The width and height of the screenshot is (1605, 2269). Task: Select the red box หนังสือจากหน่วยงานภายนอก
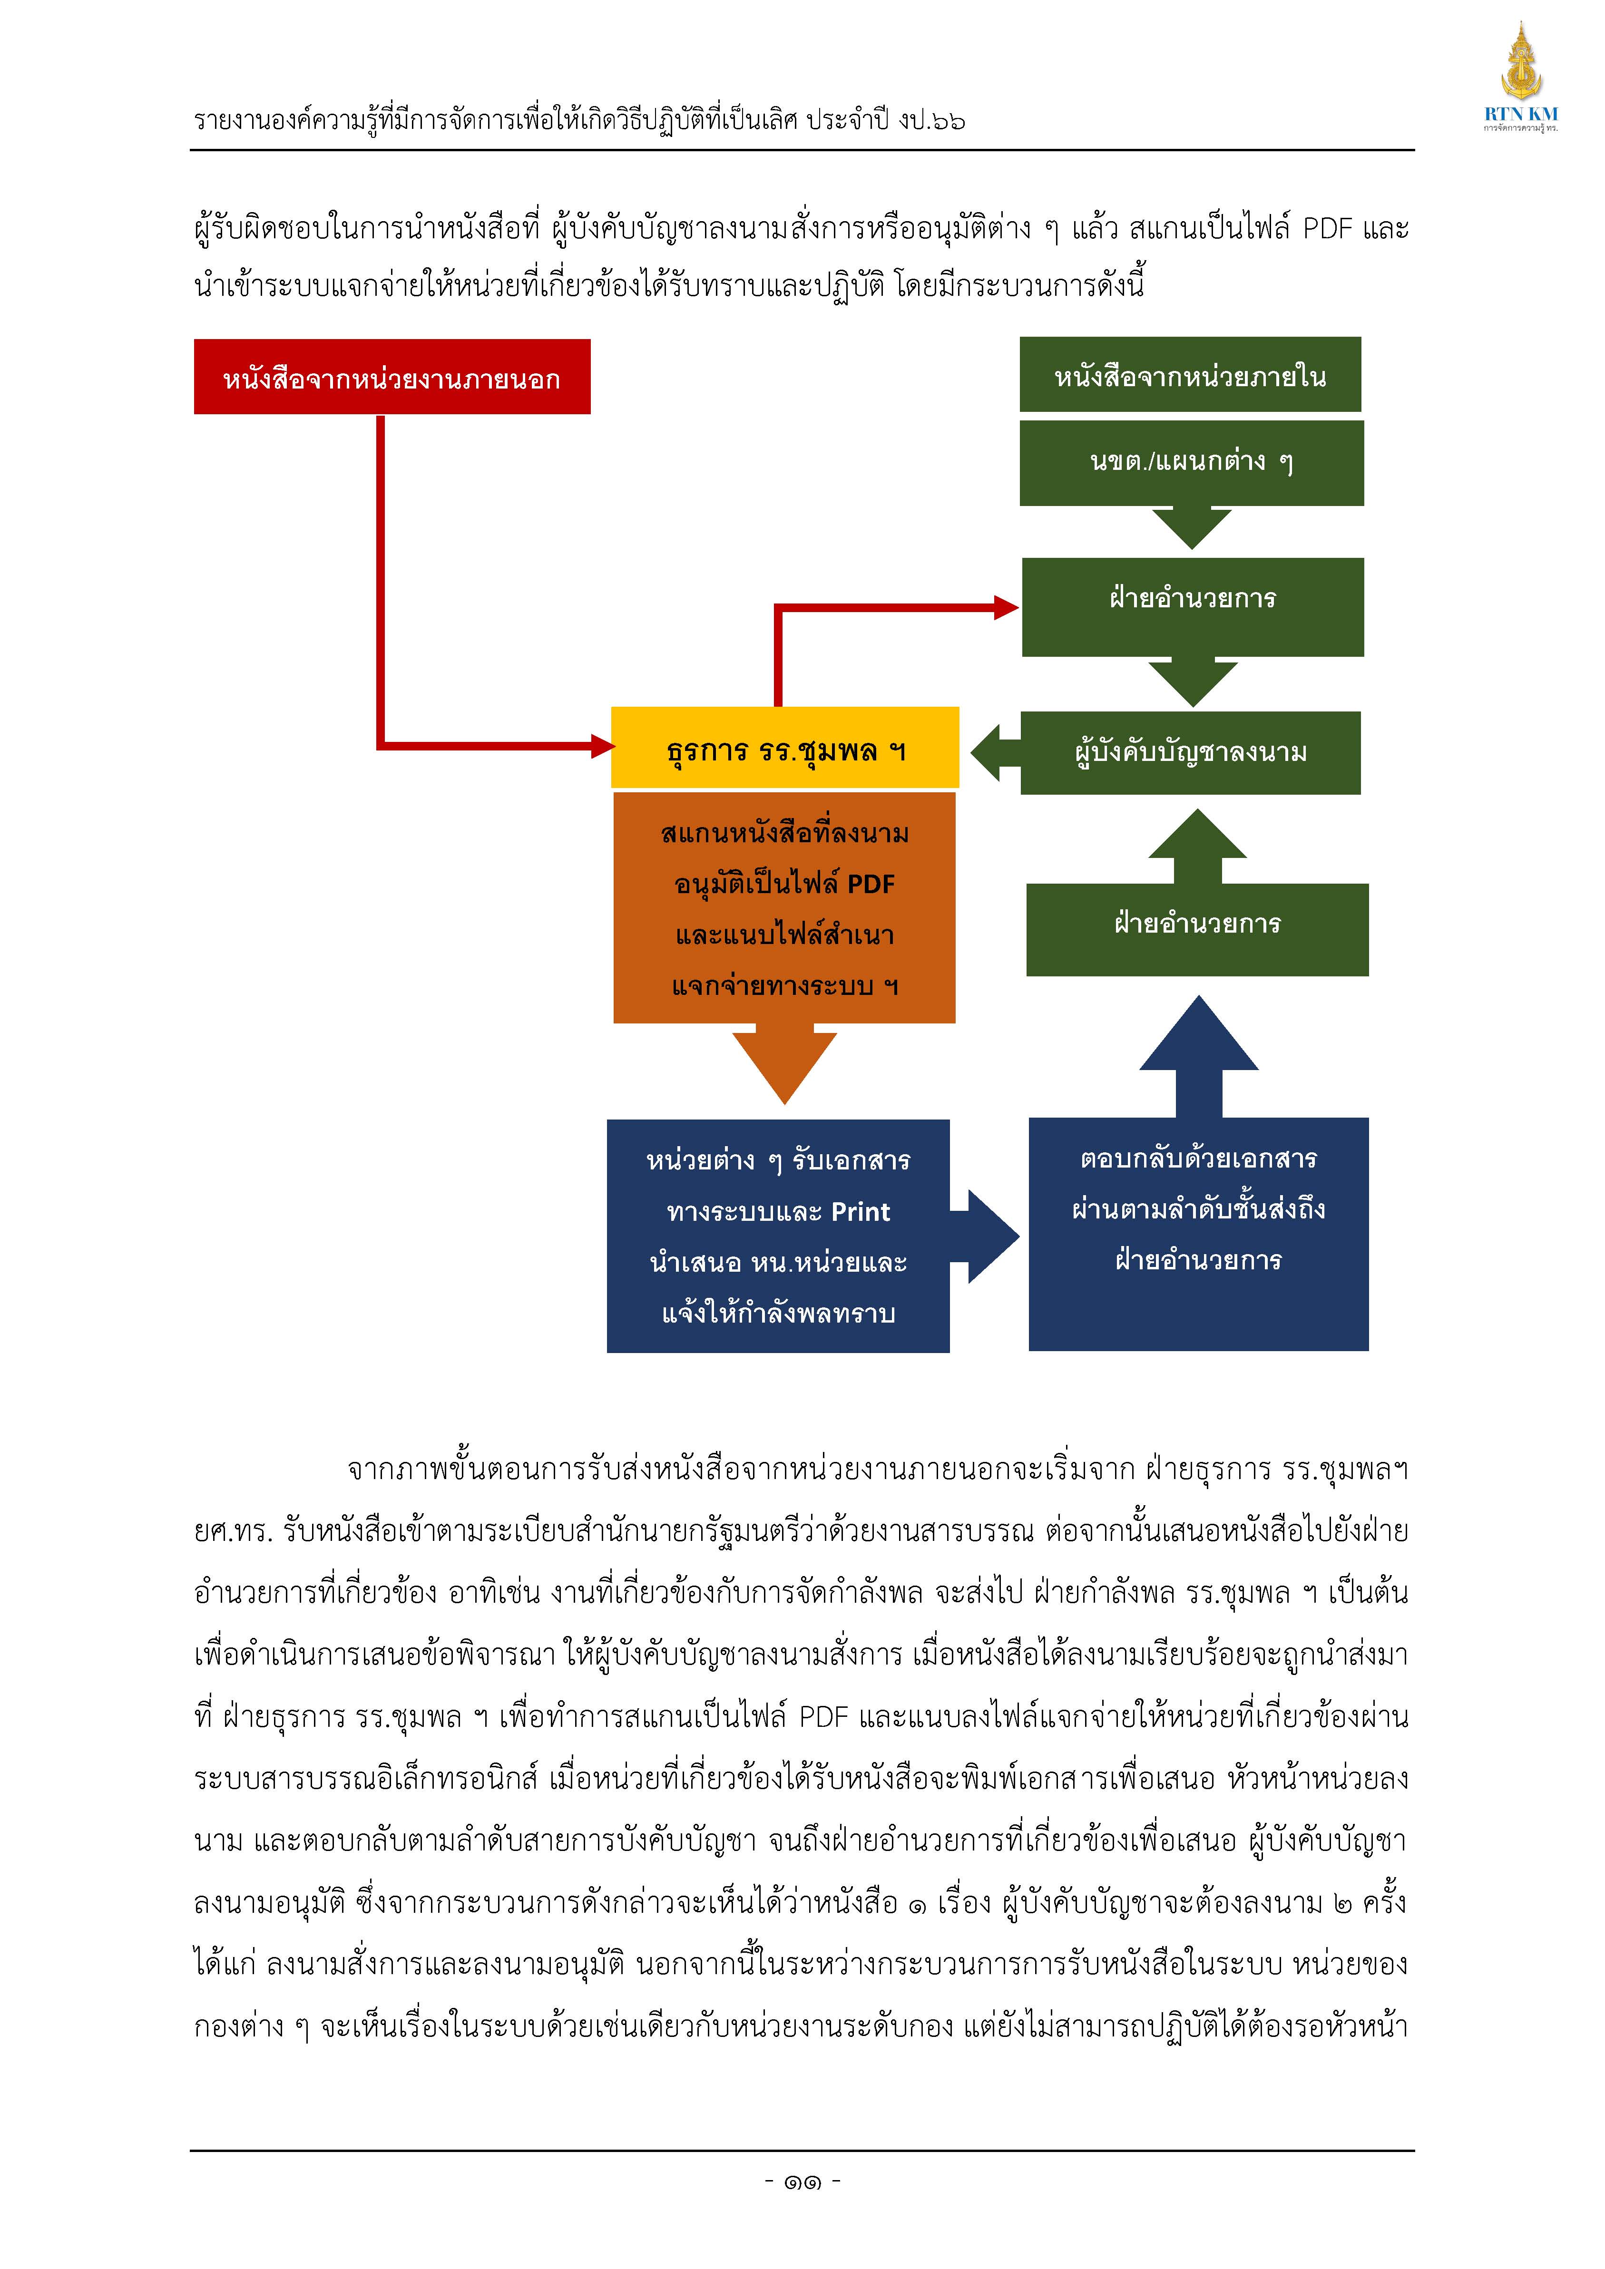392,377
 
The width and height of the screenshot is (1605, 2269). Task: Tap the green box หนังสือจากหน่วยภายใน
1190,375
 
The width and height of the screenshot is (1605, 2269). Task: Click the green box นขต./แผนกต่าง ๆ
1192,462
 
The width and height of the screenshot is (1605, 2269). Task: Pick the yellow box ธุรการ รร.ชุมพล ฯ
785,748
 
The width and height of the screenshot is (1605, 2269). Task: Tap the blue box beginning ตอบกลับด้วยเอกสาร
1199,1234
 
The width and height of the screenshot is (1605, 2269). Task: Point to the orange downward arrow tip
785,1103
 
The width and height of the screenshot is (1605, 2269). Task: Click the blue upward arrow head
1199,1032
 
